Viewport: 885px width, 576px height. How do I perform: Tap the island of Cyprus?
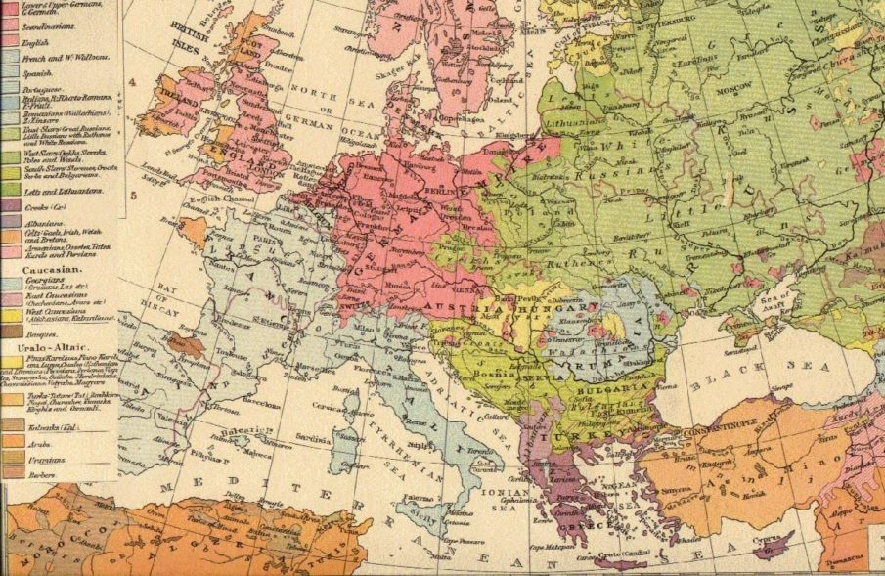(x=773, y=540)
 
